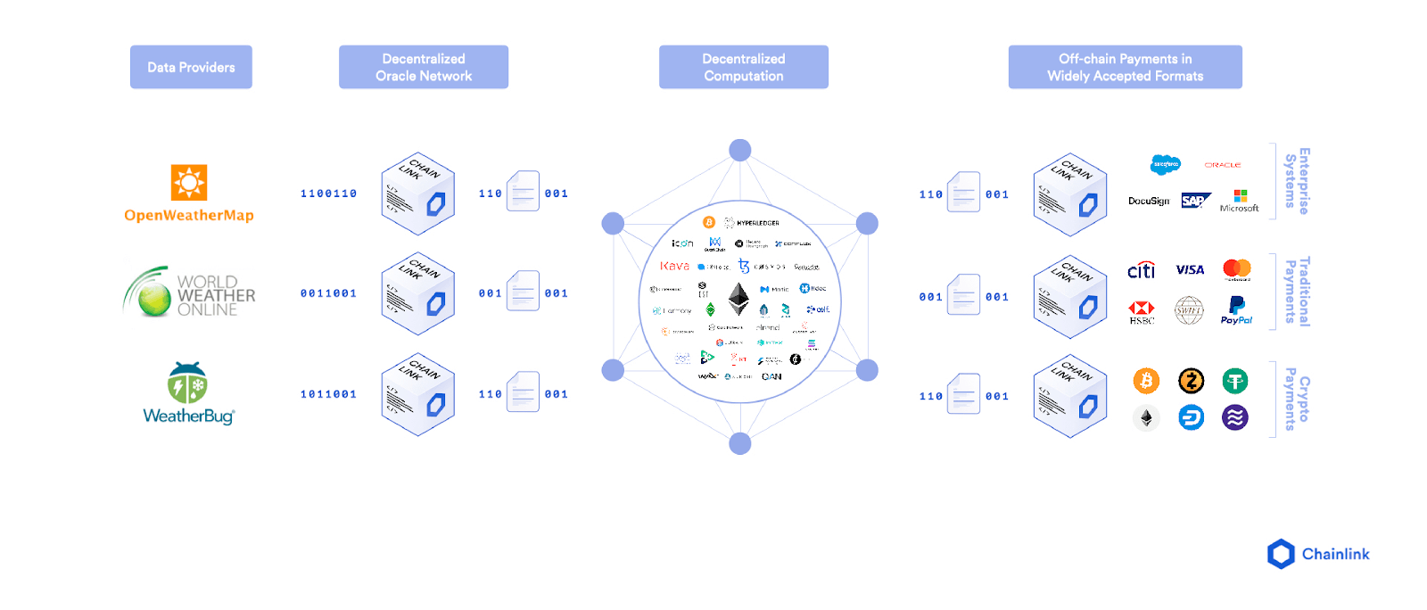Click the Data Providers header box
coord(191,67)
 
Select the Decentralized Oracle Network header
coord(424,67)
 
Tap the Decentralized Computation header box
coord(743,67)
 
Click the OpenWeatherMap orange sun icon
coord(189,182)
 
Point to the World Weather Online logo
coord(189,293)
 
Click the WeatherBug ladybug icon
coord(187,383)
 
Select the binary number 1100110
coord(328,194)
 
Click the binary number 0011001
coord(328,293)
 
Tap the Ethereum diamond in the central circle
coord(738,299)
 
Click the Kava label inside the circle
coord(674,266)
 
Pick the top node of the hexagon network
coord(739,150)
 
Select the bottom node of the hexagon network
coord(739,443)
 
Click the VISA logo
coord(1190,269)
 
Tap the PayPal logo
coord(1236,310)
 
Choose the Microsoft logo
coord(1240,201)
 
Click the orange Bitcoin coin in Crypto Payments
coord(1146,382)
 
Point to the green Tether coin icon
coord(1235,382)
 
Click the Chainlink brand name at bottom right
coord(1335,554)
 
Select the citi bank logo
coord(1142,270)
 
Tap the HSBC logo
coord(1142,312)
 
